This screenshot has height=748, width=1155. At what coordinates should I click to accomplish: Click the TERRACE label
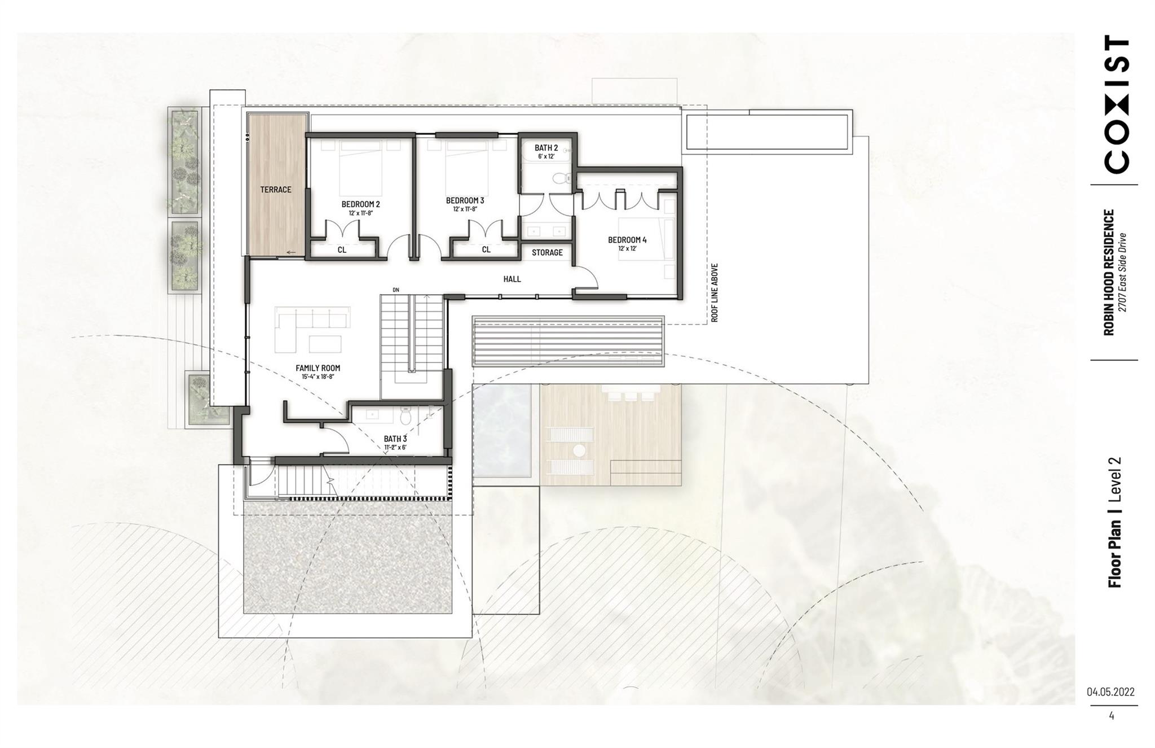(x=276, y=190)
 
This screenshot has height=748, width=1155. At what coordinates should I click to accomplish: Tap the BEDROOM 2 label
(x=360, y=204)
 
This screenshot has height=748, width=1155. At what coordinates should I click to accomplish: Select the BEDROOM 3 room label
(x=465, y=200)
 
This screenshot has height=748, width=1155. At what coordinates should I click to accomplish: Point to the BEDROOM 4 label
(x=627, y=240)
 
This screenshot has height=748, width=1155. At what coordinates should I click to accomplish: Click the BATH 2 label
(x=546, y=148)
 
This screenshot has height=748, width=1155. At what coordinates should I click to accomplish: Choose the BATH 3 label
(x=395, y=439)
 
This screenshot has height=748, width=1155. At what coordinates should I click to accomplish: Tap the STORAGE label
(x=547, y=252)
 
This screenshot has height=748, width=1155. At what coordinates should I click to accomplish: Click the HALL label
(x=512, y=279)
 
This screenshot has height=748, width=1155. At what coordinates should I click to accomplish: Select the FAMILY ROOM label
(x=318, y=368)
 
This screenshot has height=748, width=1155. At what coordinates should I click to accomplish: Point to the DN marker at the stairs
(x=396, y=290)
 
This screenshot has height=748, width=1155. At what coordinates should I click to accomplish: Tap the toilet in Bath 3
(x=405, y=417)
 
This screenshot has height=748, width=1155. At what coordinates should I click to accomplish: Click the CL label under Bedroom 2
(x=342, y=250)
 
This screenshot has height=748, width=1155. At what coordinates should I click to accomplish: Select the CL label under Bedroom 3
(x=486, y=250)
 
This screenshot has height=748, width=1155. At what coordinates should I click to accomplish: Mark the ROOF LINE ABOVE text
(x=714, y=292)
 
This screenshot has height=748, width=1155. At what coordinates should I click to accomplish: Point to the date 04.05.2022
(x=1110, y=692)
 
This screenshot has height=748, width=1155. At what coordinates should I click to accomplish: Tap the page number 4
(x=1111, y=716)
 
